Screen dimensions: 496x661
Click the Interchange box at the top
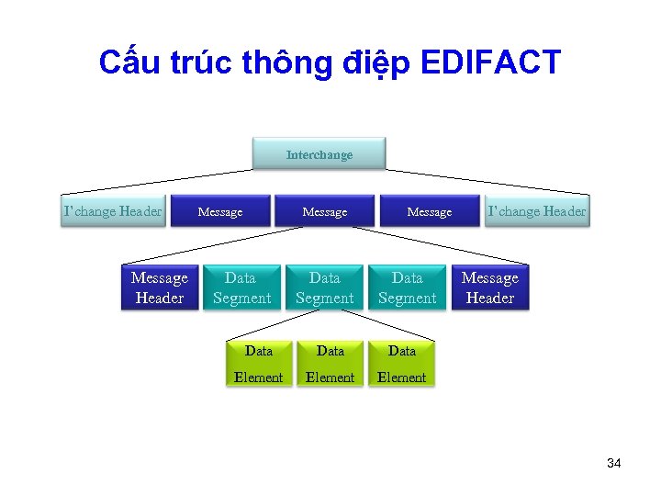[x=319, y=154]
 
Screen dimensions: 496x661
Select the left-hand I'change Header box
[x=112, y=211]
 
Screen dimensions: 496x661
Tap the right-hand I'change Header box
[x=537, y=211]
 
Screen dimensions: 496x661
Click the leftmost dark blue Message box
[x=220, y=211]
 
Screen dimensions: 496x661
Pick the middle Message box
[x=325, y=211]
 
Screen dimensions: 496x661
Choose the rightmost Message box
[x=429, y=211]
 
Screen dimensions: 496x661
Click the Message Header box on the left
[x=160, y=287]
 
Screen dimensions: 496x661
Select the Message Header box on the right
[x=489, y=287]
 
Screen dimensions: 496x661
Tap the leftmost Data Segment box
[x=241, y=287]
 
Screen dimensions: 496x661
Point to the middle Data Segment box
[x=324, y=287]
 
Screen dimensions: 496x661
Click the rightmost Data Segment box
[x=407, y=287]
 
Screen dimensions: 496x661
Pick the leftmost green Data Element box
[x=259, y=364]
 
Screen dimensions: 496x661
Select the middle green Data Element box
[x=330, y=364]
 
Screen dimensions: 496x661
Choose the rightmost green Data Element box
[x=401, y=364]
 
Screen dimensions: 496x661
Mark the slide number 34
[x=613, y=463]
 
